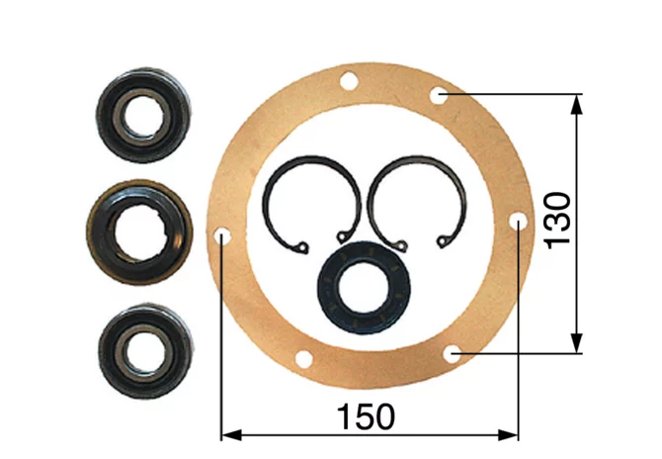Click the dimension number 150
(366, 417)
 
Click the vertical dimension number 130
(557, 221)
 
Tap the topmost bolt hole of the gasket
(349, 81)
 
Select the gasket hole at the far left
(221, 237)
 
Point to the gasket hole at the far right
(518, 222)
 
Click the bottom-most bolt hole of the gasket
(303, 360)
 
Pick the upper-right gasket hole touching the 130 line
(439, 96)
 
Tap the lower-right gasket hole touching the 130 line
(453, 354)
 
